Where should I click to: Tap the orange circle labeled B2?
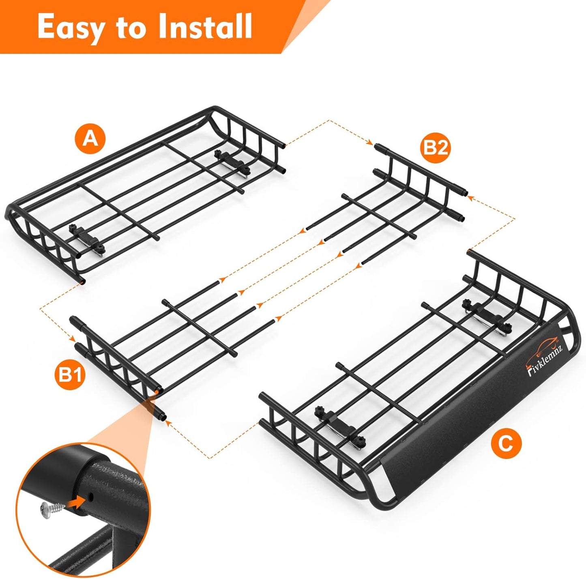click(435, 148)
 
